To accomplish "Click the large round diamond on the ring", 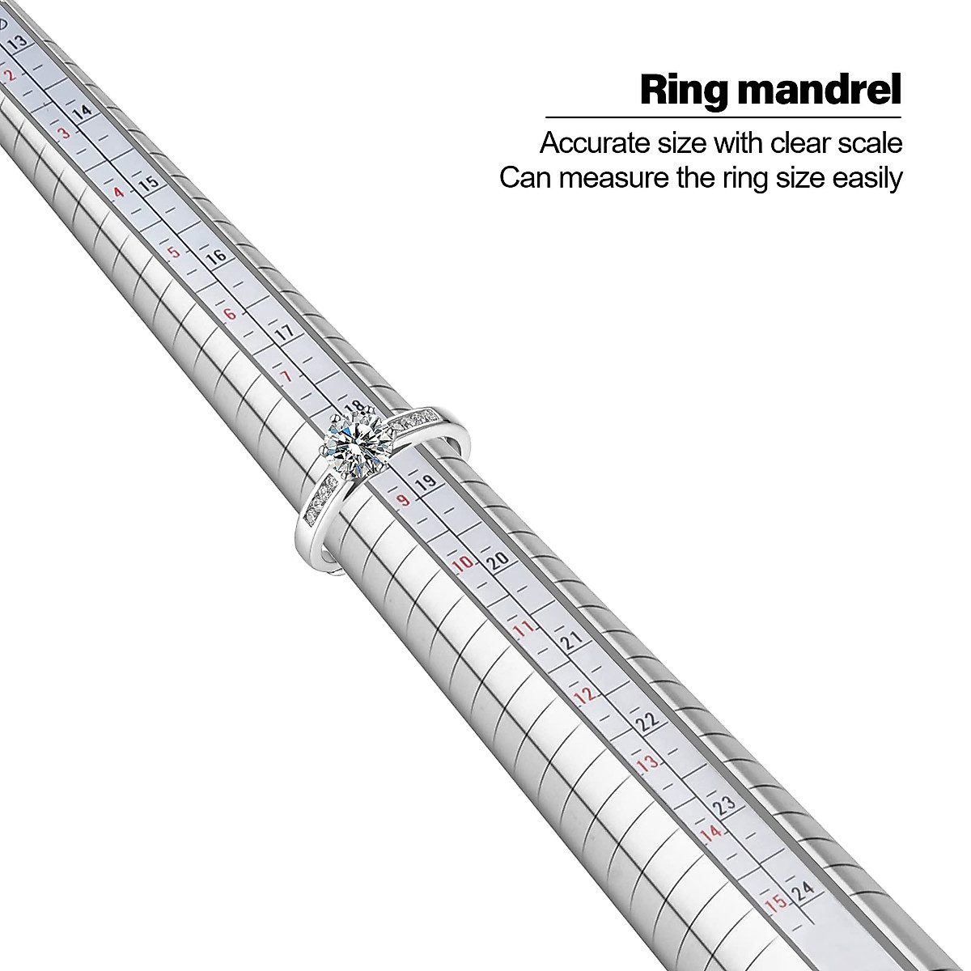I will click(x=358, y=443).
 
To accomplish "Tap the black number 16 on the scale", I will click(x=216, y=258).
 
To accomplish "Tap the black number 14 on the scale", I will click(x=82, y=114).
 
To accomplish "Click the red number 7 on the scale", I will click(x=286, y=376).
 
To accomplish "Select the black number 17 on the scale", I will click(x=284, y=333).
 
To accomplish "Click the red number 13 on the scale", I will click(x=647, y=764).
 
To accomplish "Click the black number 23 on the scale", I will click(x=725, y=806).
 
